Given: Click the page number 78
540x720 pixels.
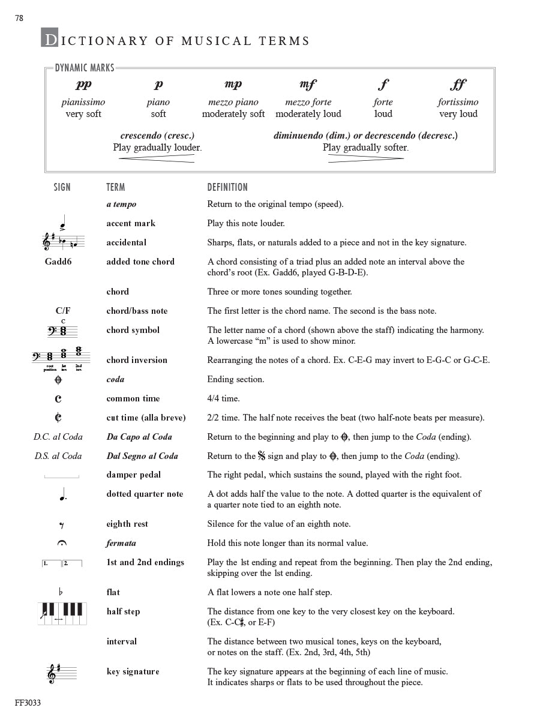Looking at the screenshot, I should coord(19,19).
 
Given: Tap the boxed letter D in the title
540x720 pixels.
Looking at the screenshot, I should coord(50,38).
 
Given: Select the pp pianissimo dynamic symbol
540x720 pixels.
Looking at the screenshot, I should coord(83,85).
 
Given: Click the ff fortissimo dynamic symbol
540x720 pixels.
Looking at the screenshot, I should coord(458,85).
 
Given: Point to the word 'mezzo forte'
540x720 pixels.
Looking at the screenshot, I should coord(308,102).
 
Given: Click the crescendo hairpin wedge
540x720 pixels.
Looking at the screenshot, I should coord(157,158).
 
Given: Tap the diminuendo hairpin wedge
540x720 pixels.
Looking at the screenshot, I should coord(365,158).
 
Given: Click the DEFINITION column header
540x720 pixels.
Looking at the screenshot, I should coord(227,187).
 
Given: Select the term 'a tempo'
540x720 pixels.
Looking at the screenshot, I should coord(121,204).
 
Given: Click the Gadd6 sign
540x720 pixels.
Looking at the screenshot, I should coord(58,262).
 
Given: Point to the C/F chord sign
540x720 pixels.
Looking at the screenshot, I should coord(62,311).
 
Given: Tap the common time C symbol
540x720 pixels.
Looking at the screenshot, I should coord(58,398).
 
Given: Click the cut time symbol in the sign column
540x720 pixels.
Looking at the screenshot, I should coord(58,418).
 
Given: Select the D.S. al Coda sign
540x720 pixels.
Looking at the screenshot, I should coord(58,456).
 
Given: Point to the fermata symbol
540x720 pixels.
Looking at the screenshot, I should coord(61,544).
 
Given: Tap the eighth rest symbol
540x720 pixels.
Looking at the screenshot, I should coord(61,526).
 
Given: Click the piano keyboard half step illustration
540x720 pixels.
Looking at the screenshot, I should coord(62,613).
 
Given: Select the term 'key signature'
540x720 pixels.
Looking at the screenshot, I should coord(133,671).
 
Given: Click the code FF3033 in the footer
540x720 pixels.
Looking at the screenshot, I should coord(28,703).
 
